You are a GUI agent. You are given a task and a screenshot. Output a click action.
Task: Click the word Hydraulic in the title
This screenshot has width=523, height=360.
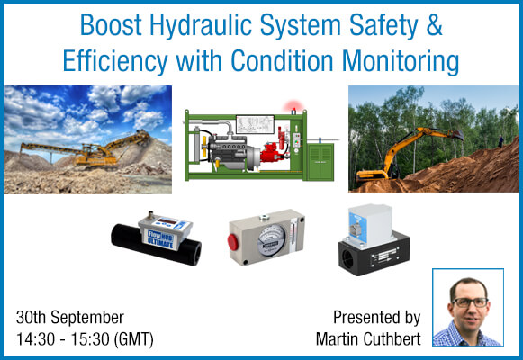[x=200, y=26]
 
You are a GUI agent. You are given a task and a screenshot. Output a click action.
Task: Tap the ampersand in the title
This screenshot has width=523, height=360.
[x=434, y=24]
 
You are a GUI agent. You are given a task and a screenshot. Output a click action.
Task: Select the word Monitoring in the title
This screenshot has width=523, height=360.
[x=401, y=62]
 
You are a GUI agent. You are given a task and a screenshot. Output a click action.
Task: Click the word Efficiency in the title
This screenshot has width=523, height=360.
[x=115, y=62]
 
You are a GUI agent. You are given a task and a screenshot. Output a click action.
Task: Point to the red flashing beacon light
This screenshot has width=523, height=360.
[x=293, y=107]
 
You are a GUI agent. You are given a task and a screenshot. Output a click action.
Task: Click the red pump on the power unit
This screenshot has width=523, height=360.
[x=272, y=153]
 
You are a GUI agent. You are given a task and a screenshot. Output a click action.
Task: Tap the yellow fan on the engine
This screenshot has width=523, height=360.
[x=203, y=146]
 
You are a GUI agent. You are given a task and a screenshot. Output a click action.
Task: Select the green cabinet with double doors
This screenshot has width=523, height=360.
[x=320, y=162]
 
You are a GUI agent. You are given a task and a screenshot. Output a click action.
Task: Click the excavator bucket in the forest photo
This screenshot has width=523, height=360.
[x=456, y=135]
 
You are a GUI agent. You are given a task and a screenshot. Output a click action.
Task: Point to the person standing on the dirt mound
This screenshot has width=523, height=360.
[x=500, y=141]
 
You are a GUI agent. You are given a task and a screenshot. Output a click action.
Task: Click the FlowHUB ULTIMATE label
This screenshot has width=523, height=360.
[x=160, y=239]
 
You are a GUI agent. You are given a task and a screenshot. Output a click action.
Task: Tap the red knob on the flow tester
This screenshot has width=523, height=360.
[x=232, y=242]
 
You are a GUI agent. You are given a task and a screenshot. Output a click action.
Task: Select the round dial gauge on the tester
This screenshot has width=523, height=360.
[x=271, y=240]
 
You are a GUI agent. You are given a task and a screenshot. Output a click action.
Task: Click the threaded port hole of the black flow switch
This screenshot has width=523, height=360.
[x=347, y=259]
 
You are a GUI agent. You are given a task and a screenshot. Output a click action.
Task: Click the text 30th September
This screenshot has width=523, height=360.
[x=70, y=318]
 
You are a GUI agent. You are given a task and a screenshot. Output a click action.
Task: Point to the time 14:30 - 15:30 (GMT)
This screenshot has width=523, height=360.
[x=85, y=339]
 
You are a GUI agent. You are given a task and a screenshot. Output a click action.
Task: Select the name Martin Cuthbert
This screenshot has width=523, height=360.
[x=368, y=339]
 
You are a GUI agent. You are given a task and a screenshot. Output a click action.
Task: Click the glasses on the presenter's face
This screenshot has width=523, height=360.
[x=470, y=302]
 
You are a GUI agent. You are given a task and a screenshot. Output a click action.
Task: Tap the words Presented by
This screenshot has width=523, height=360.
[x=377, y=318]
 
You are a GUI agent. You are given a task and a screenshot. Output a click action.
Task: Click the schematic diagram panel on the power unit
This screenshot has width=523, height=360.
[x=255, y=124]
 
